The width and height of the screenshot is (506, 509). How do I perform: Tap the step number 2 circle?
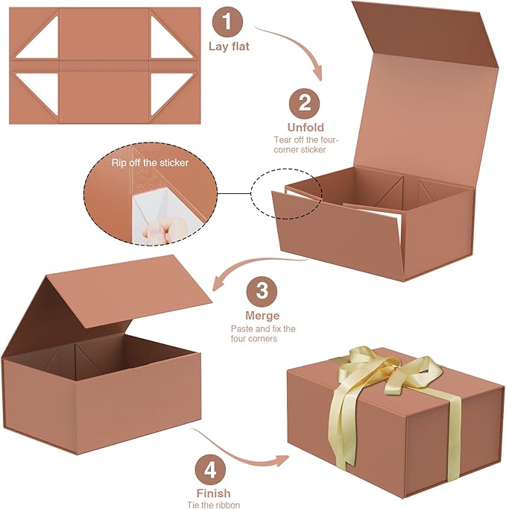[x=305, y=103]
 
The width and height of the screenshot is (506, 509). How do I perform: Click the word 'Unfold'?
[x=305, y=128]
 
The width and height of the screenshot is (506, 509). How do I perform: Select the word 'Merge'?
[x=262, y=315]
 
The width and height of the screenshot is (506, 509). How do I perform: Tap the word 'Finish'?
[x=213, y=493]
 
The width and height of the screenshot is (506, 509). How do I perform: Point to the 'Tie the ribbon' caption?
[x=213, y=505]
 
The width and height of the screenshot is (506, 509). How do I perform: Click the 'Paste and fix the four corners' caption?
[x=262, y=333]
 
